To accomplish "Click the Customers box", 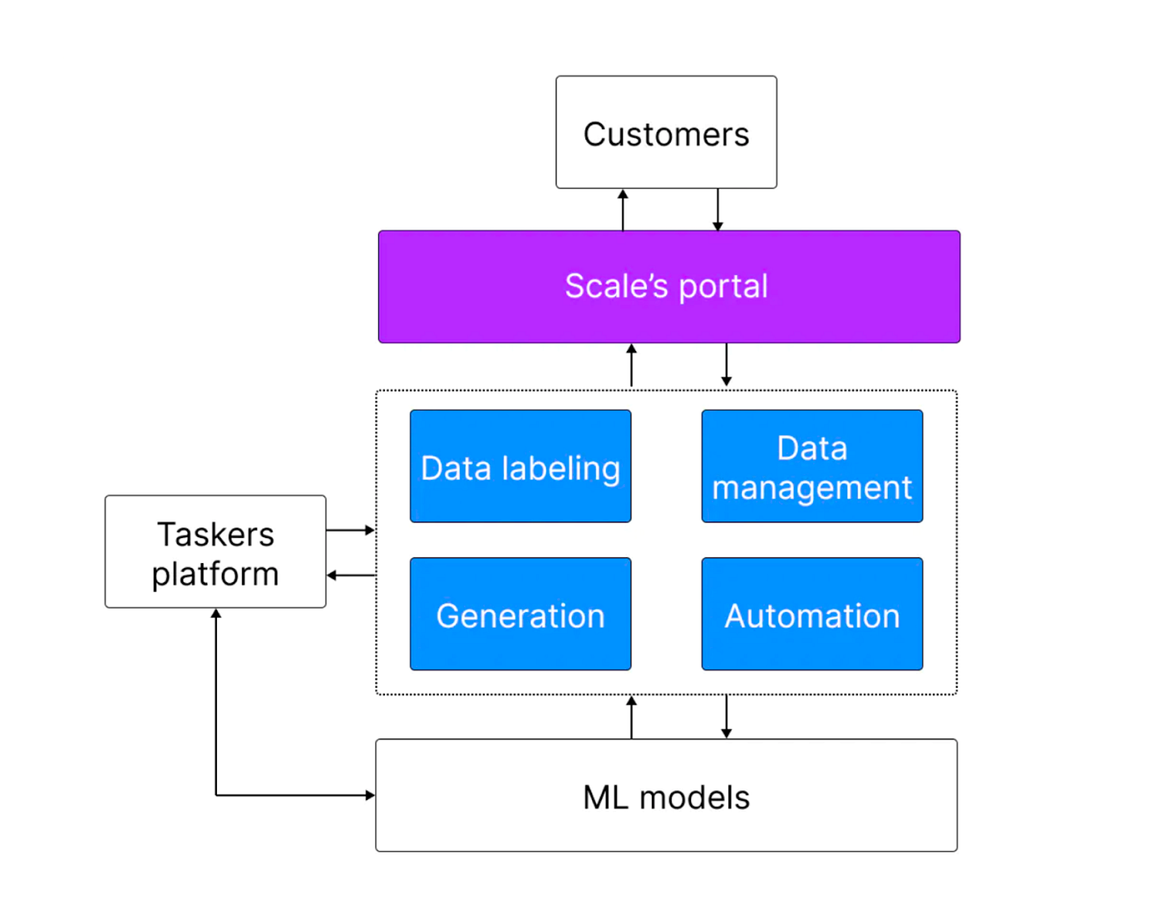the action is point(666,131).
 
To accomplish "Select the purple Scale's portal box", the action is point(668,287).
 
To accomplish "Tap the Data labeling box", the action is point(520,466).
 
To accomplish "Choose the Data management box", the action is point(811,466).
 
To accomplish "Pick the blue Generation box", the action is point(520,614).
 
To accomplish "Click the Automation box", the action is point(811,614).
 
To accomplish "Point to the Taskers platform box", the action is point(215,551).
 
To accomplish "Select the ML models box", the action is point(666,795).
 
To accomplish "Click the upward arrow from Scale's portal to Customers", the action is point(623,210).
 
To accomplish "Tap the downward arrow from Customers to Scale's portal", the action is point(718,210).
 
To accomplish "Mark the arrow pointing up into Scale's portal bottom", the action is point(631,365).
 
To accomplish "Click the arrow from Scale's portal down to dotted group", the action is point(726,364).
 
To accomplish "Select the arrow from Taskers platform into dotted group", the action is point(350,530).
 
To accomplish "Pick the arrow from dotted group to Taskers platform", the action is point(351,575).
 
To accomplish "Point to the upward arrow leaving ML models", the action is point(631,717).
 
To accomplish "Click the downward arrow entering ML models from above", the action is point(726,717).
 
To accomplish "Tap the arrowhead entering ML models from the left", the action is point(370,795).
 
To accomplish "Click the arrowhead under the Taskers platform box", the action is point(215,613).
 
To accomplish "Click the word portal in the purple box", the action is point(723,287).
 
